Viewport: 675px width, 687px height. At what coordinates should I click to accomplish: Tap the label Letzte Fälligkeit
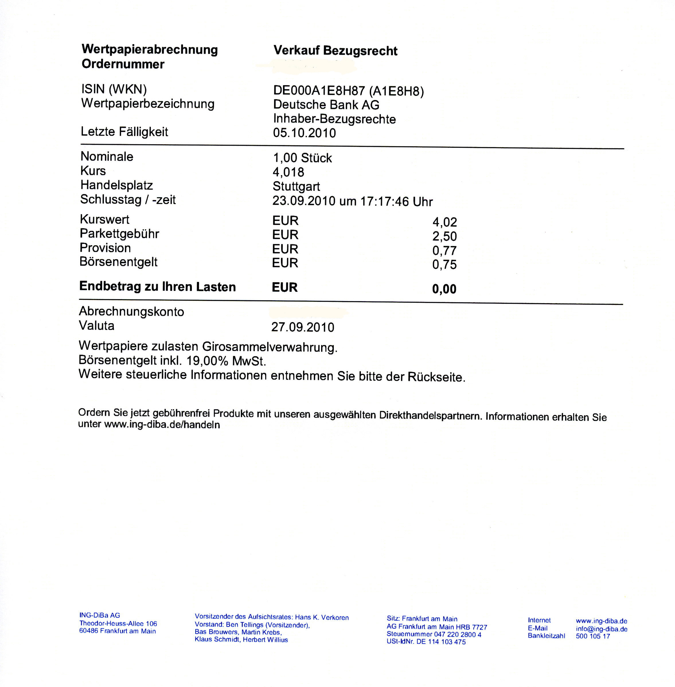[x=124, y=132]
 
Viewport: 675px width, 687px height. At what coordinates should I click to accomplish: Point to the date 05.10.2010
[x=304, y=133]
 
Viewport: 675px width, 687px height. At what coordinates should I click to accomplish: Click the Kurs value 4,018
[x=288, y=172]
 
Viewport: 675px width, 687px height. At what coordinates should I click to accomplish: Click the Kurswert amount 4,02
[x=444, y=222]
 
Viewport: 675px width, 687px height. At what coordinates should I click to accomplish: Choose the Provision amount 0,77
[x=444, y=251]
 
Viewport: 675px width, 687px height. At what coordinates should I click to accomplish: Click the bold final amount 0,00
[x=444, y=289]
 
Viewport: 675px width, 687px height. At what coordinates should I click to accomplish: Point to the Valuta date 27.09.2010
[x=303, y=327]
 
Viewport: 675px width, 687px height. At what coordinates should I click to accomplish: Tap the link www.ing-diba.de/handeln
[x=162, y=425]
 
